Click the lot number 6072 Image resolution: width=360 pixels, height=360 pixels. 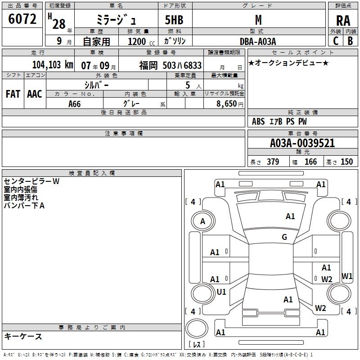22,19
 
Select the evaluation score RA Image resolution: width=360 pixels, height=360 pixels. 343,21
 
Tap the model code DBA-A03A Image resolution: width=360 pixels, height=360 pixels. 257,41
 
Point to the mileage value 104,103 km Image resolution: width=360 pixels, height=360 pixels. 53,65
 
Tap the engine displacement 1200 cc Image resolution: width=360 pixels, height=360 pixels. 139,41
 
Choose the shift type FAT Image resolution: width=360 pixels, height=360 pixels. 13,94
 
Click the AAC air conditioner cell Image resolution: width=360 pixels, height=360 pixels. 35,94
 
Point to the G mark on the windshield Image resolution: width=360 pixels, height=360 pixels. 284,237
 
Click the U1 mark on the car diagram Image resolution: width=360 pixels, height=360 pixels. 221,292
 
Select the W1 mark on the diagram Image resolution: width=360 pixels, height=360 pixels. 347,276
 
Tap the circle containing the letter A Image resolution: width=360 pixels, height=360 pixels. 202,221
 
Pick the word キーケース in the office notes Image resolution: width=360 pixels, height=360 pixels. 23,337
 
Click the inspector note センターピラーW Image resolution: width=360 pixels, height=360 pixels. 31,181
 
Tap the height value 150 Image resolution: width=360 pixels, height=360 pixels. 346,162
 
